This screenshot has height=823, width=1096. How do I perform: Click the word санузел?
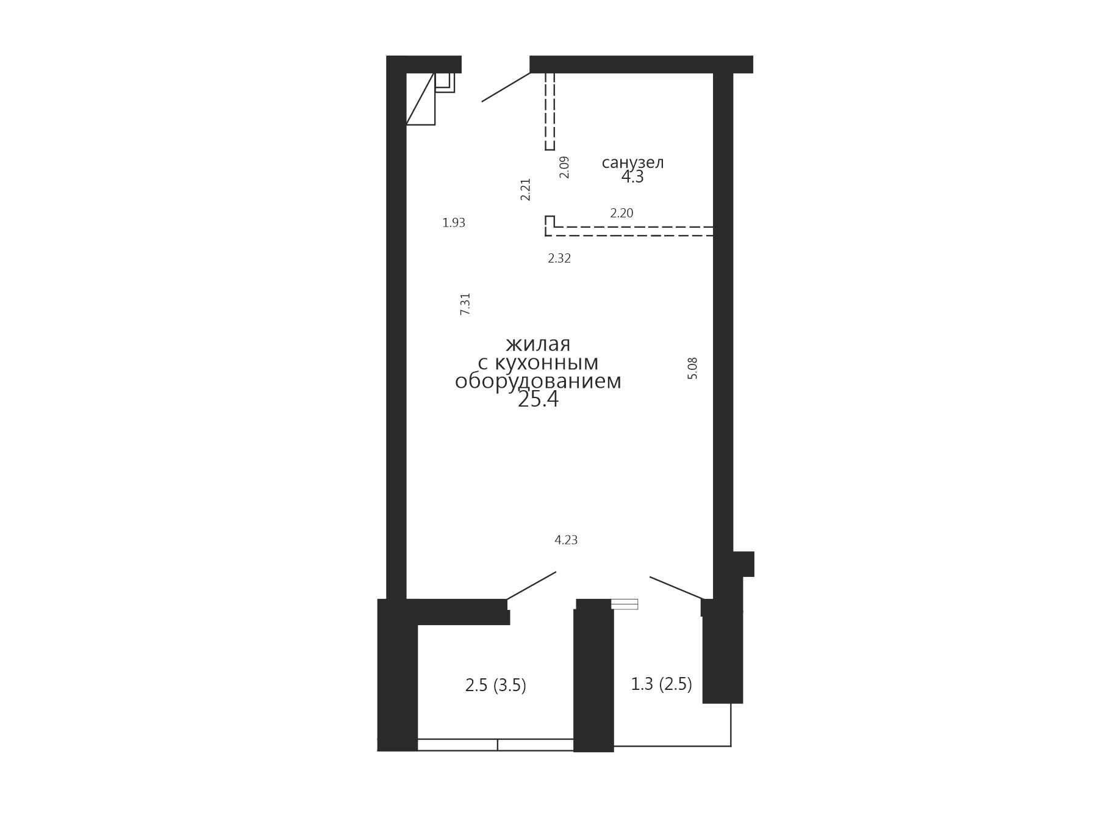click(x=632, y=163)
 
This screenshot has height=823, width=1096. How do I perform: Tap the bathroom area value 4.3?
click(x=632, y=177)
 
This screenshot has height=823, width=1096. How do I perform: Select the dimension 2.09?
click(x=564, y=167)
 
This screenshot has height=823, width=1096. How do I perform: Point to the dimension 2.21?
click(x=526, y=189)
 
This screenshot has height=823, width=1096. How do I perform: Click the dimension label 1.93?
click(x=454, y=223)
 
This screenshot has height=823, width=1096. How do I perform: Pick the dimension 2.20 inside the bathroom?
click(x=621, y=213)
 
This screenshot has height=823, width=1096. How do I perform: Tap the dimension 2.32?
click(x=559, y=258)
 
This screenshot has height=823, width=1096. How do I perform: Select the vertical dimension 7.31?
click(x=465, y=304)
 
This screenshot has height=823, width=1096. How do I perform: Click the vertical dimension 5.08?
click(x=692, y=368)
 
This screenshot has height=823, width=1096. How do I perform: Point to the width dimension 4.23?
click(x=566, y=540)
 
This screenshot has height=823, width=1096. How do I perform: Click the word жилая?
click(x=538, y=344)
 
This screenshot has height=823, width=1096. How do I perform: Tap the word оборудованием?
click(x=538, y=382)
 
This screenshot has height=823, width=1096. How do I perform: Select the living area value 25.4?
click(x=538, y=399)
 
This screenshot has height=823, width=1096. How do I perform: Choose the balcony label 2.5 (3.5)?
click(x=495, y=686)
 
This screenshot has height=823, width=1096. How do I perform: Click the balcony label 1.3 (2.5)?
click(x=661, y=684)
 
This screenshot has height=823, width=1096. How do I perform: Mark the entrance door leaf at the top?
click(x=506, y=87)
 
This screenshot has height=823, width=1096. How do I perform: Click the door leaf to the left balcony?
click(x=531, y=586)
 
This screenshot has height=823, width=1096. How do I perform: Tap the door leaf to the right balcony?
click(x=676, y=588)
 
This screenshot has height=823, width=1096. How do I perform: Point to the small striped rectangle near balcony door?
click(x=624, y=604)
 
